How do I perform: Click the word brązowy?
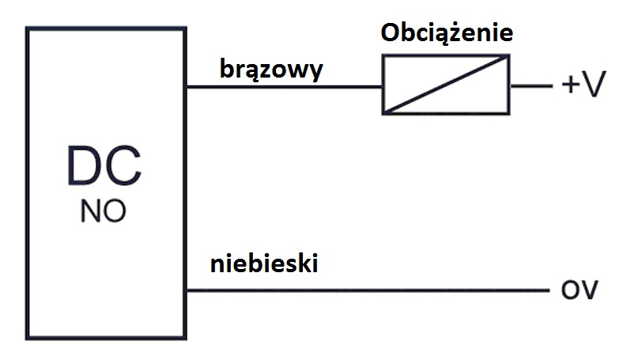pyautogui.click(x=271, y=70)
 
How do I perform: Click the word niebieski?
pyautogui.click(x=264, y=263)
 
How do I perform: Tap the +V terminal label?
pyautogui.click(x=583, y=84)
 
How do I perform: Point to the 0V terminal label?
pyautogui.click(x=580, y=290)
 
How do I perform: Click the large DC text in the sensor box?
pyautogui.click(x=104, y=165)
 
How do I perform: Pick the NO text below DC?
pyautogui.click(x=104, y=210)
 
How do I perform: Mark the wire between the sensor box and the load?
pyautogui.click(x=284, y=86)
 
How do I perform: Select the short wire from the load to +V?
pyautogui.click(x=531, y=85)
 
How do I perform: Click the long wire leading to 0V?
pyautogui.click(x=368, y=290)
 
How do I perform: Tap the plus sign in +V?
pyautogui.click(x=570, y=85)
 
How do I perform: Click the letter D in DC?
pyautogui.click(x=84, y=165)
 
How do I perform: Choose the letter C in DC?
pyautogui.click(x=123, y=165)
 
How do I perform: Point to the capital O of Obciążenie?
pyautogui.click(x=391, y=32)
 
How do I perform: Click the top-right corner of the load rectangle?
pyautogui.click(x=509, y=55)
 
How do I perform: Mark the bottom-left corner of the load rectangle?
pyautogui.click(x=383, y=114)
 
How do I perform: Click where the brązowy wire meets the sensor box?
pyautogui.click(x=187, y=86)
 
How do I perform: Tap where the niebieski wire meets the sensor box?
pyautogui.click(x=187, y=290)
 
